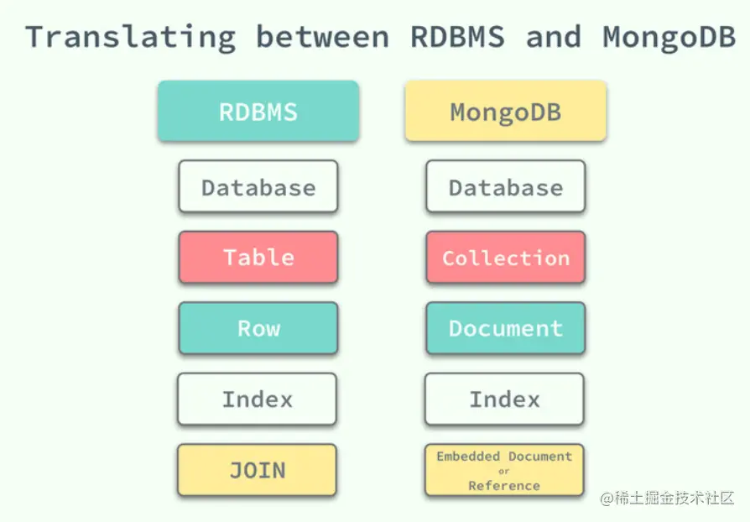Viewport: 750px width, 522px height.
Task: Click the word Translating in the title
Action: pos(131,38)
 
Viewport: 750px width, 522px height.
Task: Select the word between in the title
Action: pos(323,37)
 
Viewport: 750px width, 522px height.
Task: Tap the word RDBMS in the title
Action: pos(458,37)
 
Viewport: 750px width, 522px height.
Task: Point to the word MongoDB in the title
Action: pos(669,38)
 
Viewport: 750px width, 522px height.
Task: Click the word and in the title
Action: pos(554,37)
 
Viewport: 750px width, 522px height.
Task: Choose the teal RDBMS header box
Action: pos(258,111)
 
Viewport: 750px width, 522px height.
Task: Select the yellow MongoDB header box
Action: pos(506,111)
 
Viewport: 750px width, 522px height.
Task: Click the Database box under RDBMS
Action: pos(258,186)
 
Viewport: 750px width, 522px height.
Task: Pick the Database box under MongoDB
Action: pos(506,186)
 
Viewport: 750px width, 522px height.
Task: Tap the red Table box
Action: pos(258,258)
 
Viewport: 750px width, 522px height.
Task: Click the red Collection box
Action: pos(506,258)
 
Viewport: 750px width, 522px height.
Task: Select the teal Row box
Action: pos(258,328)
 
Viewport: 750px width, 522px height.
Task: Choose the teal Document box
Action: pos(506,328)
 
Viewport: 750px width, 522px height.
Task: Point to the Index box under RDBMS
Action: pos(258,399)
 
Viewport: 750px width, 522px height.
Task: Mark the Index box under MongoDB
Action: pos(505,399)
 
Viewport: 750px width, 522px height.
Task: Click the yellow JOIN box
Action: pos(258,470)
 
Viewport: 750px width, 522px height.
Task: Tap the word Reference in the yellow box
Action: pos(504,486)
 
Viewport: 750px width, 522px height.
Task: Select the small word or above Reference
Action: pos(503,472)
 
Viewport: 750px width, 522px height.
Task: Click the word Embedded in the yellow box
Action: pos(468,456)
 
